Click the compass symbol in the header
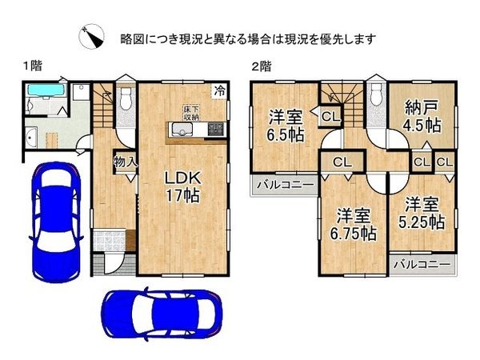(91, 37)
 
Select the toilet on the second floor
(375, 95)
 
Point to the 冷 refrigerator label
(219, 92)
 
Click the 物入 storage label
(125, 162)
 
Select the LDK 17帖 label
(182, 185)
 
